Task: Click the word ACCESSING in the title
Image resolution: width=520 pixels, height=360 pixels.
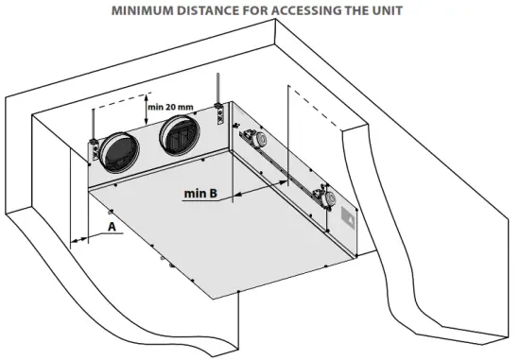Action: [x=314, y=11]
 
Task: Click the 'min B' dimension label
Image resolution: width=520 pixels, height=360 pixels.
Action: [x=201, y=194]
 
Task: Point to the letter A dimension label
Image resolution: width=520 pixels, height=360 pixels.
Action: [x=112, y=227]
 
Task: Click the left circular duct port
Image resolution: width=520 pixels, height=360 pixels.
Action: [x=120, y=152]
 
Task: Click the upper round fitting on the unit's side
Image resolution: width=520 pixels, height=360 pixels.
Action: [x=255, y=139]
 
